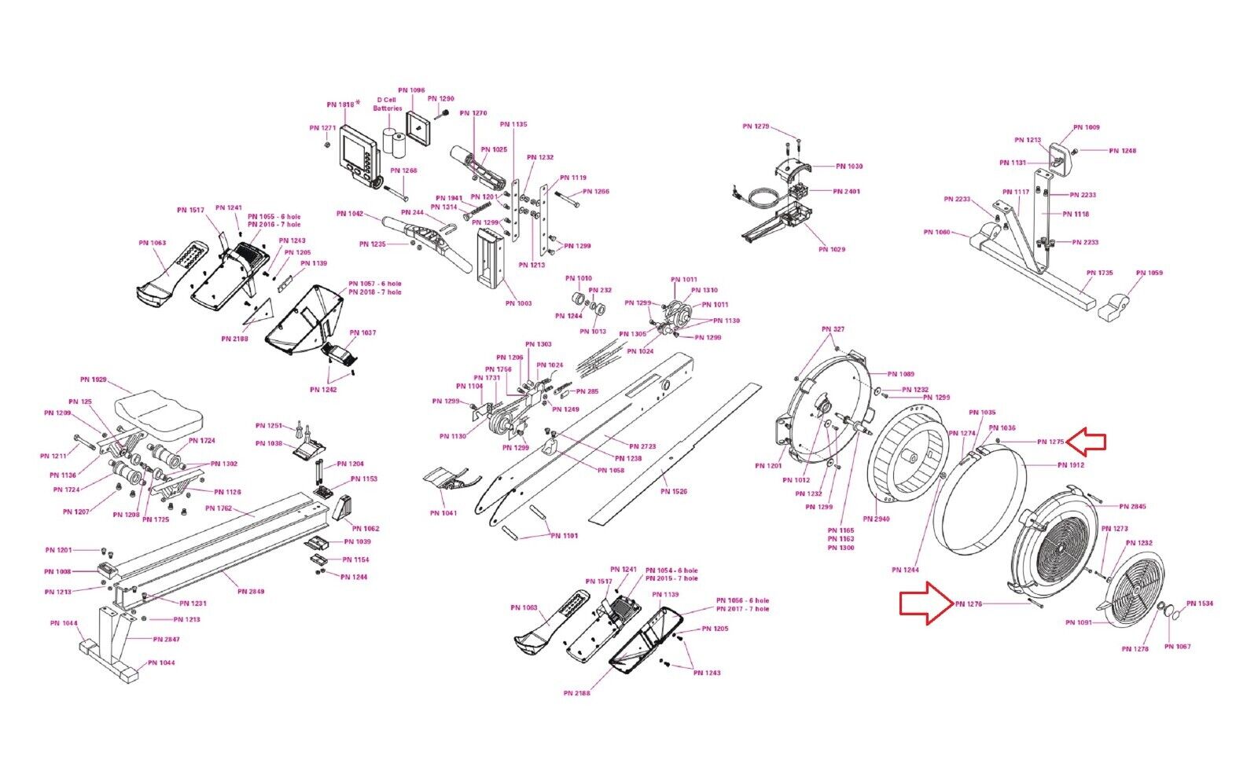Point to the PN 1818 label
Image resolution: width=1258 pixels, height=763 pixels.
[x=341, y=105]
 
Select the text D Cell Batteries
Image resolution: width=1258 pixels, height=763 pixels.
[x=388, y=104]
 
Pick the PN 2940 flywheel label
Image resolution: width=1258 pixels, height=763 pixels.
[x=876, y=519]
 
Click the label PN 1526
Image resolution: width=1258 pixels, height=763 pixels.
[x=674, y=492]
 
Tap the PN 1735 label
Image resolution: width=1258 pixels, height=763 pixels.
[x=1100, y=273]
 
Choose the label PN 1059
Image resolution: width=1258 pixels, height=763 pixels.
[x=1149, y=273]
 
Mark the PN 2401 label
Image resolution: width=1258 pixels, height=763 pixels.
[x=847, y=192]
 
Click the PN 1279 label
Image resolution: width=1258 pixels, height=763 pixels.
[x=756, y=127]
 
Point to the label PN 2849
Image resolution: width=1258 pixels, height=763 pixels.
[x=252, y=592]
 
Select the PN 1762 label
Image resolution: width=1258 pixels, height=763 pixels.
[x=219, y=508]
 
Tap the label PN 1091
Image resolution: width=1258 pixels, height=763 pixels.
[x=1079, y=622]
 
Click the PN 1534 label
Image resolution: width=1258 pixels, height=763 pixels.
[x=1200, y=603]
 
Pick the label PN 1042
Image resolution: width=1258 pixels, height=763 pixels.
[x=350, y=214]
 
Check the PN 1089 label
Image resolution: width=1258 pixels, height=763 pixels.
[x=901, y=374]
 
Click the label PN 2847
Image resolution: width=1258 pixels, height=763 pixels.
[x=167, y=640]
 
